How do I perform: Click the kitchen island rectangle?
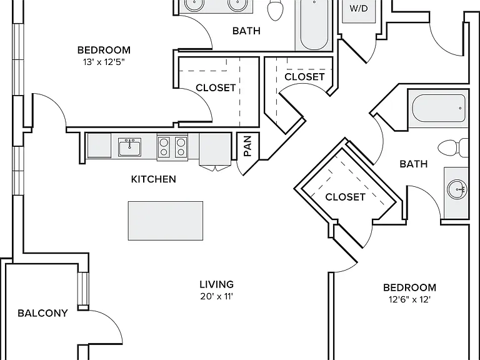(166, 221)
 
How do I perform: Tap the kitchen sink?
(130, 147)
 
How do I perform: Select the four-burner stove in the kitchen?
(172, 147)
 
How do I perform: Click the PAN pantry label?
(247, 146)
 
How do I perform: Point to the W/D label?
(359, 8)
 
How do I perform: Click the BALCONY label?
(42, 313)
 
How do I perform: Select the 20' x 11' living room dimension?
(217, 296)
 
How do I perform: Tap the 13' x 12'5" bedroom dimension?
(104, 62)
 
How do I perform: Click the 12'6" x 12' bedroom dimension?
(409, 299)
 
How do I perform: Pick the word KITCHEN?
(154, 179)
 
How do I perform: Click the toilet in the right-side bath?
(453, 147)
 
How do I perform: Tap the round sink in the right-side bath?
(457, 189)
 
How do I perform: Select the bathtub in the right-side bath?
(439, 108)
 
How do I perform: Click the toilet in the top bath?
(275, 10)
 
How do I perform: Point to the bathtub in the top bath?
(314, 24)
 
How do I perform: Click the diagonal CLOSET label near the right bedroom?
(345, 197)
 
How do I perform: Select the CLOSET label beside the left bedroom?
(216, 88)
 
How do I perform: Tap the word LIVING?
(217, 284)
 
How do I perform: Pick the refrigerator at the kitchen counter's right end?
(215, 149)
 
